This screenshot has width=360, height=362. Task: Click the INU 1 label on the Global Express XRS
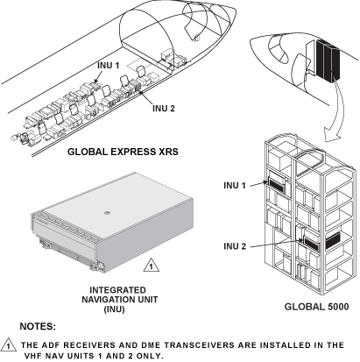click(109, 66)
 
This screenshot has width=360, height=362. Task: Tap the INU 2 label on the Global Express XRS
click(164, 109)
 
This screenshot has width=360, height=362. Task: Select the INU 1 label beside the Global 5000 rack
click(235, 185)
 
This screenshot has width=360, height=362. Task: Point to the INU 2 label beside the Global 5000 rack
click(235, 246)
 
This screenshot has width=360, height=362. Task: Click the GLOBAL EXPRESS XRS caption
click(123, 152)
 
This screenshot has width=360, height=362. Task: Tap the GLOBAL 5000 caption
click(316, 307)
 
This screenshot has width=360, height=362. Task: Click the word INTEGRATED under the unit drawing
click(117, 290)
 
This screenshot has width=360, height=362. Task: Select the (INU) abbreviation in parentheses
click(115, 309)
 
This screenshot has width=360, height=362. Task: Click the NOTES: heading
click(38, 326)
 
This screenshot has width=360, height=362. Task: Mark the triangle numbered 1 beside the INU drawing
click(152, 266)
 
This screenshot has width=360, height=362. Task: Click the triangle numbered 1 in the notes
click(9, 345)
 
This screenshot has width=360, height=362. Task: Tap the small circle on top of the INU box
click(107, 213)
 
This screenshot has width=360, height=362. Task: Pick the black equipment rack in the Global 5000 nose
click(328, 60)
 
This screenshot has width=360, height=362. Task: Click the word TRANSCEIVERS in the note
click(199, 345)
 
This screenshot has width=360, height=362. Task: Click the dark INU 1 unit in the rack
click(276, 185)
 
